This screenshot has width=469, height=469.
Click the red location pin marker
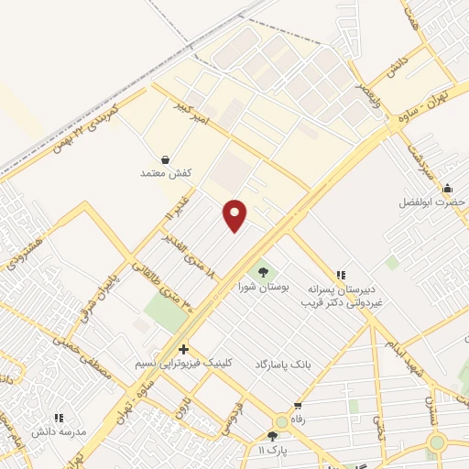(235, 214)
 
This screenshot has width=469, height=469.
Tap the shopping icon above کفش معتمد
(165, 158)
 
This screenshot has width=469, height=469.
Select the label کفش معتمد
(165, 172)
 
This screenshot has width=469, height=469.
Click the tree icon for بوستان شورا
(264, 272)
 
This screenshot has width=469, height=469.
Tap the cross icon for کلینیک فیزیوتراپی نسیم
(184, 349)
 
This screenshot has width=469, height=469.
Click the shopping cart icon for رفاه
(298, 405)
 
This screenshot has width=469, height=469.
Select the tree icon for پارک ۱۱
(272, 436)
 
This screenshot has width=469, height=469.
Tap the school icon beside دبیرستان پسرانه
(341, 274)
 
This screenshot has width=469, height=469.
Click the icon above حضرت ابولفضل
(447, 189)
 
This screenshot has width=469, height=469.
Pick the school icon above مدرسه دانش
(60, 418)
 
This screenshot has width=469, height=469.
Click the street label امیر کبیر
(194, 113)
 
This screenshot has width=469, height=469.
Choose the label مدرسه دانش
(59, 431)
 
